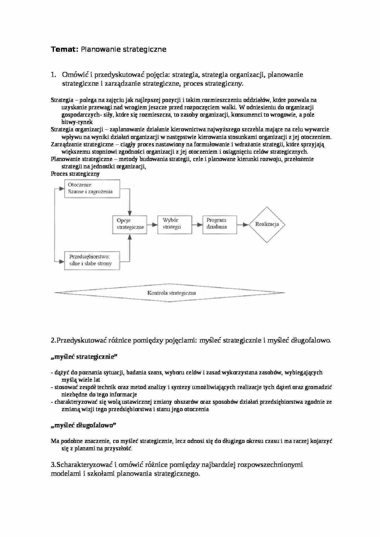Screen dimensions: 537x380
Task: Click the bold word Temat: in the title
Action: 65,49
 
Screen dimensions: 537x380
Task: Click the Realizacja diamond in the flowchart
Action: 267,224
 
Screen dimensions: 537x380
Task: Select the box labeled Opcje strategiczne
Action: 130,224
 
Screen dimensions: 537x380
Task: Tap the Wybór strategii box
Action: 174,224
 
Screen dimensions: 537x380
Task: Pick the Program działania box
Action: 219,224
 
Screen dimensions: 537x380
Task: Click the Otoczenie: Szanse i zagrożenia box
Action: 92,189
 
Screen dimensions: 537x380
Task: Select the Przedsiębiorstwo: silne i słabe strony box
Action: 92,261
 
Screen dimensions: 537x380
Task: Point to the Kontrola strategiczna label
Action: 171,293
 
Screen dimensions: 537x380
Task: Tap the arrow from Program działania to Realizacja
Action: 242,225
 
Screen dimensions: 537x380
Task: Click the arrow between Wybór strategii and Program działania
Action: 197,225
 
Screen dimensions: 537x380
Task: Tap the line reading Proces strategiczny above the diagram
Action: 75,174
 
